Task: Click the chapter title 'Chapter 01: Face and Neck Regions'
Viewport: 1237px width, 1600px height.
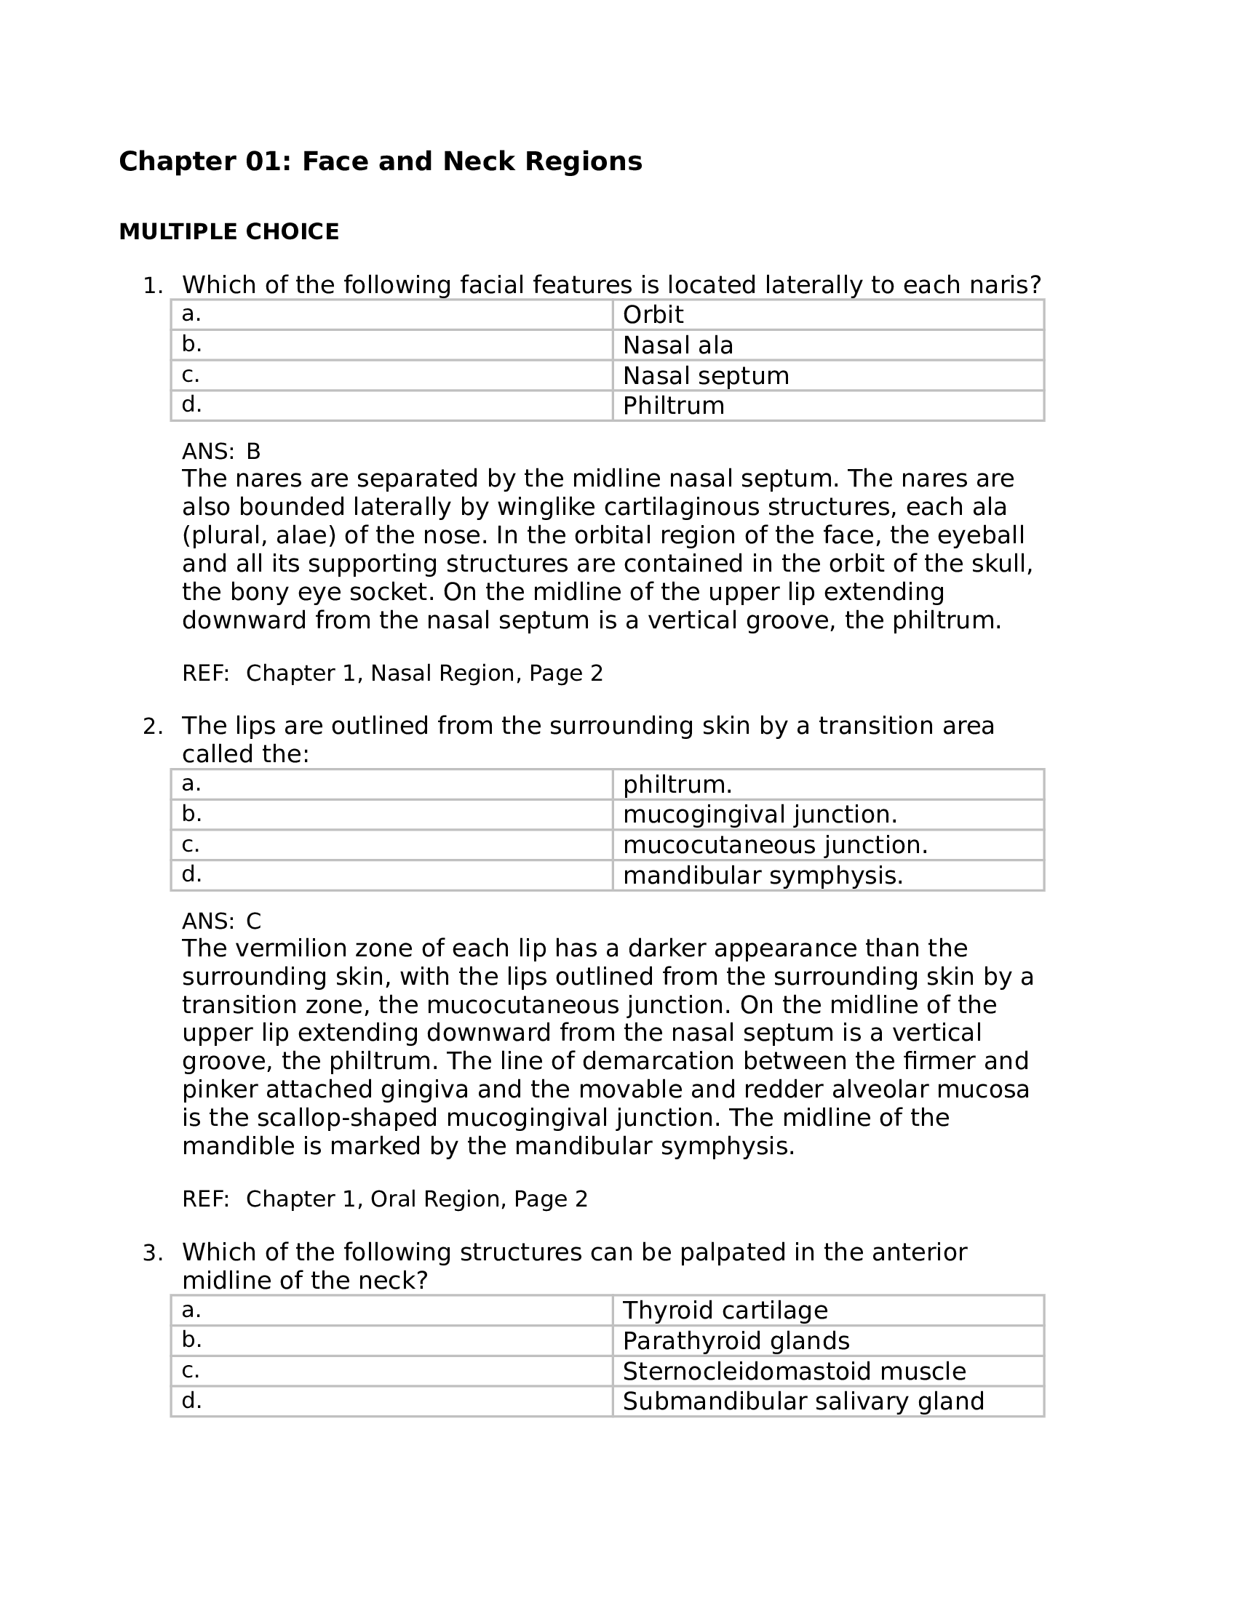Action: pos(381,162)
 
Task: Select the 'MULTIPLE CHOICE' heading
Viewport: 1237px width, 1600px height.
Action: pos(228,232)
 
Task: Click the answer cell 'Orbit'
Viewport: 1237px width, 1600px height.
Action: pos(652,315)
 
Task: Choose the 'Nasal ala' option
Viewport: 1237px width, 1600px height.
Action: pos(678,345)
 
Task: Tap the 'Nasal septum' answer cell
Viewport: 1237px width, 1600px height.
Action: pos(706,376)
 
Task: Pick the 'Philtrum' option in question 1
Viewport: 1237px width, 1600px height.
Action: pos(674,406)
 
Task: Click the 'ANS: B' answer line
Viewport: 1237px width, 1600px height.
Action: pos(220,451)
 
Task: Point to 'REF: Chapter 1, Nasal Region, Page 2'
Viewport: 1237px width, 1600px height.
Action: pos(392,673)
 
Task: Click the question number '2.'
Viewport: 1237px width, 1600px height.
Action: pos(152,727)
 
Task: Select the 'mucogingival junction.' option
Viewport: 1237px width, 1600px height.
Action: pos(760,815)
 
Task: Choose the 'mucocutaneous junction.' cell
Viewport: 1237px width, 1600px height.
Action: pos(776,845)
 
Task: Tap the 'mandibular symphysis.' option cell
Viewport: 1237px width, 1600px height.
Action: pos(763,876)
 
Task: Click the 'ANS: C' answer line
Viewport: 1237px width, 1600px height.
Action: pos(220,921)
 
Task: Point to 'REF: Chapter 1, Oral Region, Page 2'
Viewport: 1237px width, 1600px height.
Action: pos(385,1199)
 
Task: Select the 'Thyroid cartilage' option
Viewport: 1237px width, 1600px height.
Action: pos(725,1311)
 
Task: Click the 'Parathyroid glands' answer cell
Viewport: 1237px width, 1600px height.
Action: pos(736,1341)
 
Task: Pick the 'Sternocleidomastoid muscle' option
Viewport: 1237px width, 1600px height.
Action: pos(795,1372)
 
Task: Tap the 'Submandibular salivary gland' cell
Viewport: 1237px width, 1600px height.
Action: pos(803,1401)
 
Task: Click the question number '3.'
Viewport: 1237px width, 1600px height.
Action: pos(152,1254)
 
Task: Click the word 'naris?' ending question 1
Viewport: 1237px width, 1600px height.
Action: pos(1008,285)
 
